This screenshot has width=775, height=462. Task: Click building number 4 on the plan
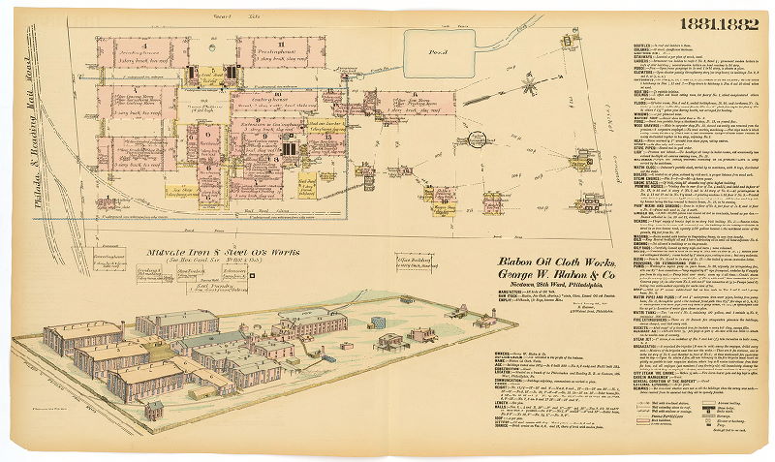[143, 46]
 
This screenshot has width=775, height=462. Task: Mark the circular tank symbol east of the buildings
[478, 139]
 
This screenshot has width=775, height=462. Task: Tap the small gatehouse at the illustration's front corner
[153, 410]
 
